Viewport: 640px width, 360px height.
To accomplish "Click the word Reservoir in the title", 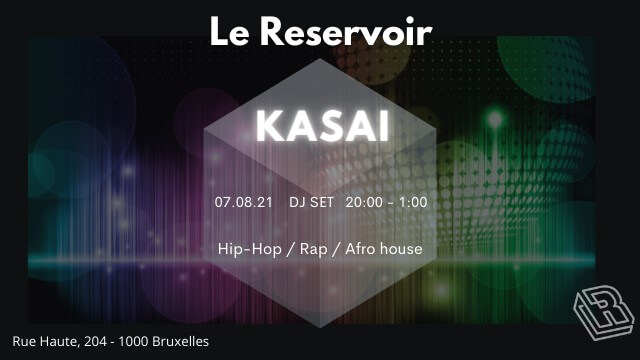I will pos(349,31).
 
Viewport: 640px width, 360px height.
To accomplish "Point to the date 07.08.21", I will pos(243,202).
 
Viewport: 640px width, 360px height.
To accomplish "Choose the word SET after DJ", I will pos(322,202).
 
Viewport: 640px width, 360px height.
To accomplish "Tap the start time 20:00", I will pos(363,202).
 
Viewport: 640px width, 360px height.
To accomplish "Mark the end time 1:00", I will pos(412,202).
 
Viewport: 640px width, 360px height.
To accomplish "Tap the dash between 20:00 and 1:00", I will pos(389,203).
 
